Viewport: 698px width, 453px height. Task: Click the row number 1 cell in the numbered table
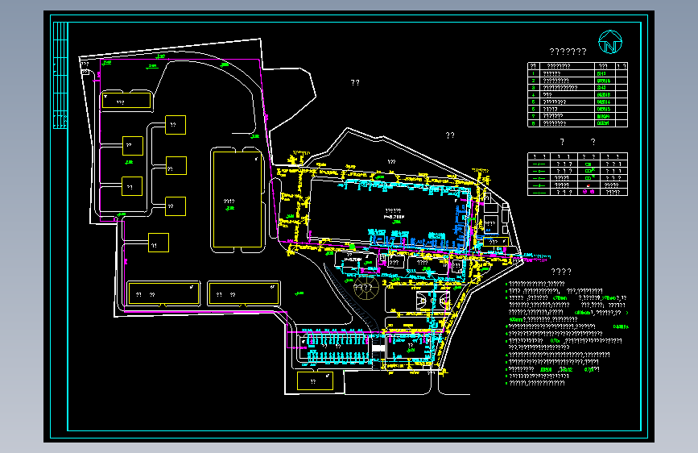pos(533,74)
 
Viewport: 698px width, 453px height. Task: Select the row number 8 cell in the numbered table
pos(533,124)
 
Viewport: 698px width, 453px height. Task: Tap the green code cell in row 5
pos(603,102)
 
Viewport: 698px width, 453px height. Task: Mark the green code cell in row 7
pos(603,117)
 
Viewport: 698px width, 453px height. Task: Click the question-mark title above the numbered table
pos(566,52)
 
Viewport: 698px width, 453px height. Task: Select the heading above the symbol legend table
pos(572,142)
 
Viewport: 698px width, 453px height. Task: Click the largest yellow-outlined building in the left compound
pos(236,197)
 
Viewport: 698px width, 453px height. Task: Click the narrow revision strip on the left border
pos(60,74)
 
